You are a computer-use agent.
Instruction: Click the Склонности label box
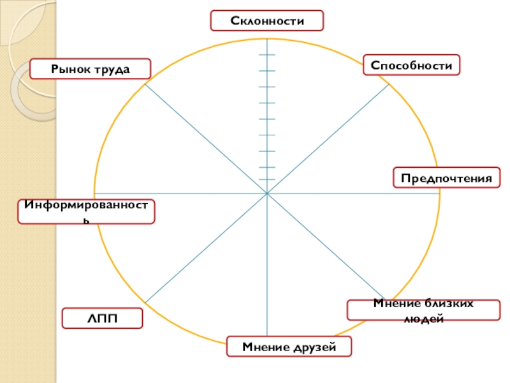[267, 20]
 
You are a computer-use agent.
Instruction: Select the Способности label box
[411, 65]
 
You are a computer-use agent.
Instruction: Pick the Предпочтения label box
[446, 177]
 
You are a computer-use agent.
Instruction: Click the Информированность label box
[86, 211]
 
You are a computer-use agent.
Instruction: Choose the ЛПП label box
[102, 318]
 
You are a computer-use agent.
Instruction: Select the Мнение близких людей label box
[423, 310]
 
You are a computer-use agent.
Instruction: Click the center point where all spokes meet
[267, 193]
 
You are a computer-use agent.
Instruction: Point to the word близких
[450, 304]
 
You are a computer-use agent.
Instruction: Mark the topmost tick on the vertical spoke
[267, 55]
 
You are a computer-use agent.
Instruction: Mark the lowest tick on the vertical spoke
[267, 180]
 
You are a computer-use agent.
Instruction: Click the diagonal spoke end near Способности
[390, 84]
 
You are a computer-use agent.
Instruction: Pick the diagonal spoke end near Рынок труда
[145, 84]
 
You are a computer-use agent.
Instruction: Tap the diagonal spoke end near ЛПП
[145, 303]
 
